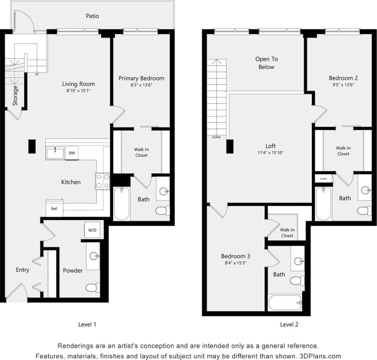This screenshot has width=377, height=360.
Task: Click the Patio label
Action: [92, 16]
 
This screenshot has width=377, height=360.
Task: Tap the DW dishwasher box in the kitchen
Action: [72, 153]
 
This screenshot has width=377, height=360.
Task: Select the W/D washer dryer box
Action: [92, 230]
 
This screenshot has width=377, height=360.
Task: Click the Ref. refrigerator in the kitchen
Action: [54, 209]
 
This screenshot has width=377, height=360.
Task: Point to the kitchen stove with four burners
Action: [103, 181]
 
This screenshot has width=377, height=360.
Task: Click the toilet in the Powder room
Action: [92, 287]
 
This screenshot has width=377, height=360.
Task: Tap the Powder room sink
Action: [93, 256]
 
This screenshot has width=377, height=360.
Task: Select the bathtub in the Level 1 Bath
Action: [122, 204]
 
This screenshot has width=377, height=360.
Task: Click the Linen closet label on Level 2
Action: [323, 178]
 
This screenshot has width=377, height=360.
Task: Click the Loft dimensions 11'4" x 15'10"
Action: [270, 153]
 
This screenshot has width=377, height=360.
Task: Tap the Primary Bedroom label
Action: [141, 78]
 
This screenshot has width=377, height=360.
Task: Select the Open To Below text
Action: [266, 63]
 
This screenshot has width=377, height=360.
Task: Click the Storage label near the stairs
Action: [15, 95]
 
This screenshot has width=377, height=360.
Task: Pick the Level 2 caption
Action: [289, 324]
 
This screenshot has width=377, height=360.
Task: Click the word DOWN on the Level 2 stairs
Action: [216, 137]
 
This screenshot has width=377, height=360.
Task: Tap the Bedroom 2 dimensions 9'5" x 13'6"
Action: [343, 85]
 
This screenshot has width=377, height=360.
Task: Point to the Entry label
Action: [22, 270]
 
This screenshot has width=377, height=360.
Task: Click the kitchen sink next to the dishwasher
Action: [55, 153]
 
